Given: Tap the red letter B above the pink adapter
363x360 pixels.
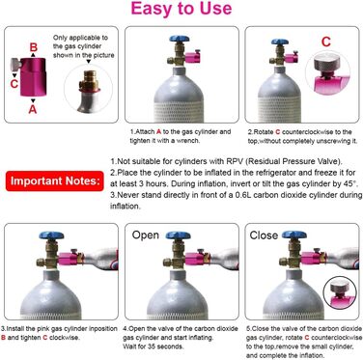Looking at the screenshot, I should coord(34,45).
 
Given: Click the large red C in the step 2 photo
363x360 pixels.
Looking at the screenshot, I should coord(324,42).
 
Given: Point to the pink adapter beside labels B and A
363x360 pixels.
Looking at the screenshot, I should coord(35,77).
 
